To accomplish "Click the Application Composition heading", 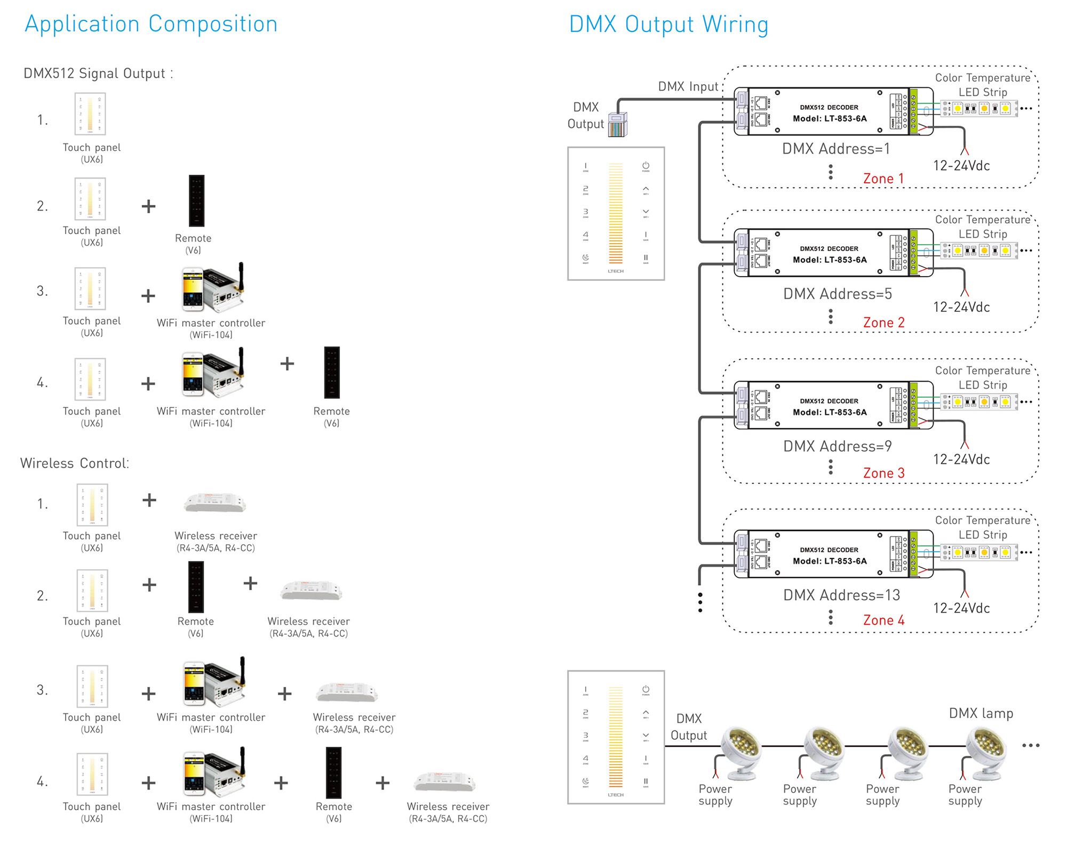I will (x=151, y=24).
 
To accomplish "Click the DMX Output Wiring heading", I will (x=668, y=25).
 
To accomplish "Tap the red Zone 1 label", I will (x=883, y=179).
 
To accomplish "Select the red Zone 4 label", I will (x=883, y=620).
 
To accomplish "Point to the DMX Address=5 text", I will (x=837, y=294).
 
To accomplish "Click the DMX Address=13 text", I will (x=841, y=595).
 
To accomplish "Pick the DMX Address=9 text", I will (x=837, y=446).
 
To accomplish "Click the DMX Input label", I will (x=688, y=86).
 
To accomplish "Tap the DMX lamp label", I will (x=981, y=713).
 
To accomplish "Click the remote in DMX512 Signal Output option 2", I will (x=196, y=201).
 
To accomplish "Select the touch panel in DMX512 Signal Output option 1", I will (x=90, y=114).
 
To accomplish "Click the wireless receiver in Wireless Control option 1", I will (x=215, y=503).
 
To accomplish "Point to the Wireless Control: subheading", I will (x=75, y=463).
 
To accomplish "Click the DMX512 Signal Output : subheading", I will (x=98, y=74).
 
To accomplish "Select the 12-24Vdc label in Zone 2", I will (x=961, y=307).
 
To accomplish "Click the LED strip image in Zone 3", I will (x=980, y=402).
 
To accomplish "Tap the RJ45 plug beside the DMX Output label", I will (x=618, y=125).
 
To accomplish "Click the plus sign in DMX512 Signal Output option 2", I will (x=148, y=206).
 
